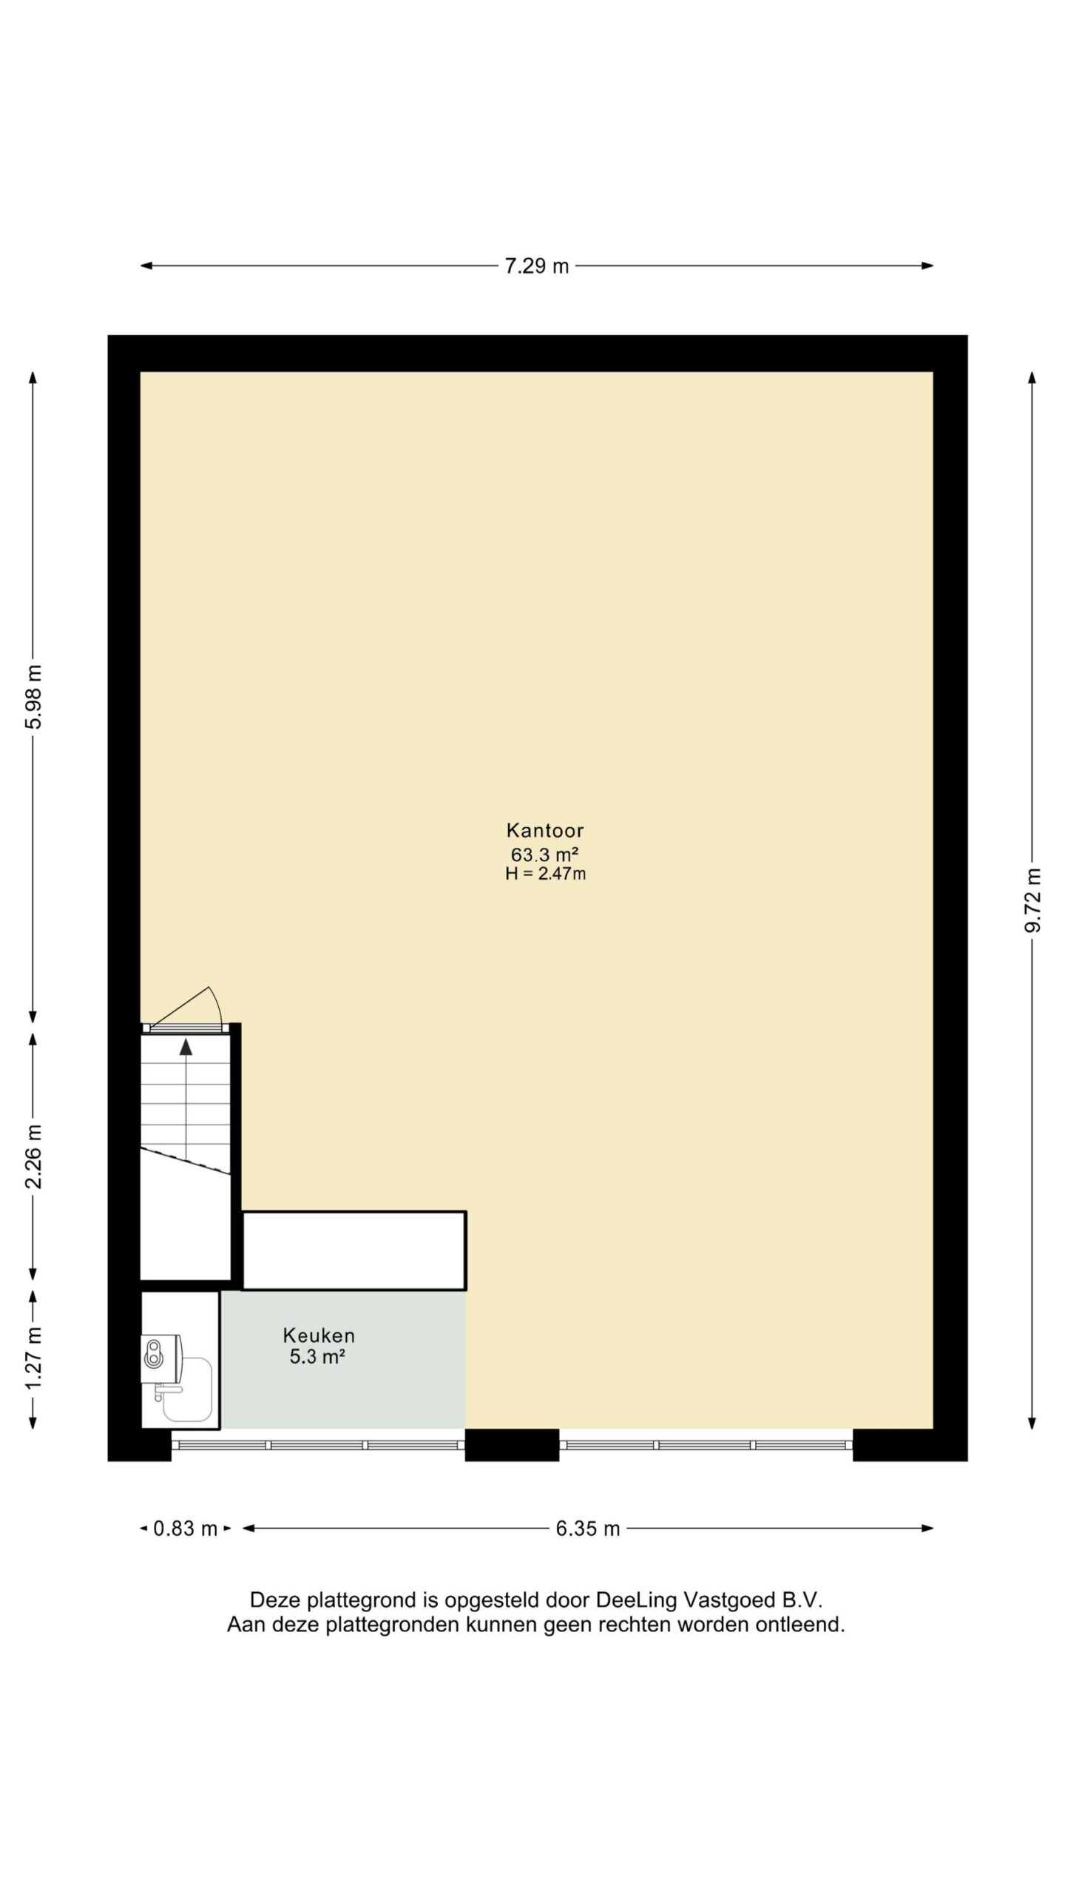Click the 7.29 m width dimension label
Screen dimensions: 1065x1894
(x=536, y=266)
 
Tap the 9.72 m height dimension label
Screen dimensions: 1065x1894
(x=1032, y=900)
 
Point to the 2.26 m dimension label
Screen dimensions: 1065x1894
(x=33, y=1156)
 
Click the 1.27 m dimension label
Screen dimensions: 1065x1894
(x=33, y=1358)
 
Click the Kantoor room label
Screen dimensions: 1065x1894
(x=545, y=830)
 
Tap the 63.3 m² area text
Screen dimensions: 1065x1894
(x=545, y=855)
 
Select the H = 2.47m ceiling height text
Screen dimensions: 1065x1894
(x=546, y=874)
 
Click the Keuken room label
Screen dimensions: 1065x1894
(x=319, y=1335)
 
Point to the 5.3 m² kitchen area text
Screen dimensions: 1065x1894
(x=318, y=1357)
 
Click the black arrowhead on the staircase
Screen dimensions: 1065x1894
(x=186, y=1047)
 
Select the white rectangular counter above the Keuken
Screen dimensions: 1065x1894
(x=354, y=1250)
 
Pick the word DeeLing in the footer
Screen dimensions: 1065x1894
(x=636, y=1600)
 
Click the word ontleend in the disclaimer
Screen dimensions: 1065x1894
(x=800, y=1625)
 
